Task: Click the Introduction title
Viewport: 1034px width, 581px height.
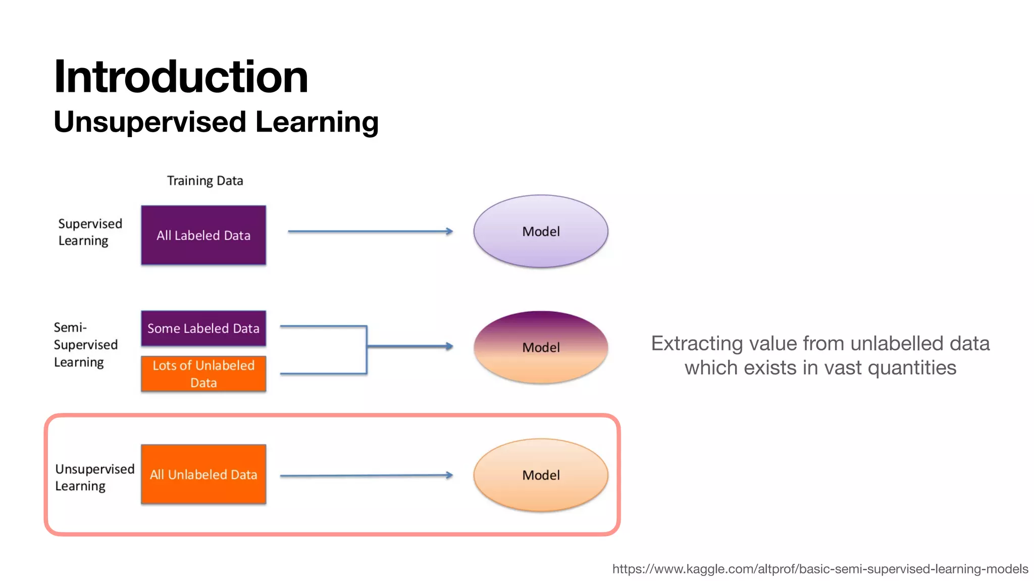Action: point(181,77)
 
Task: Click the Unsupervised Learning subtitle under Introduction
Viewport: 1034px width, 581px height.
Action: point(216,122)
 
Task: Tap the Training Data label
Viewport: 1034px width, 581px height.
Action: point(205,181)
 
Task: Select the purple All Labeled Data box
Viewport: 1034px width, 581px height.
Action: point(203,235)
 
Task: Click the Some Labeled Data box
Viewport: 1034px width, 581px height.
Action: point(203,328)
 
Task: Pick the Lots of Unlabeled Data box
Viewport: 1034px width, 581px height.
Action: point(203,374)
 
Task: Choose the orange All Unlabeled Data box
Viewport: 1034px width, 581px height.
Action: point(203,474)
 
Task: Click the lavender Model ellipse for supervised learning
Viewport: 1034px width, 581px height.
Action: point(541,231)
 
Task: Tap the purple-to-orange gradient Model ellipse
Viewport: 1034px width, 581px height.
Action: point(541,347)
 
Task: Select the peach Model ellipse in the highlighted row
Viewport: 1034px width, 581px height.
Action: point(541,475)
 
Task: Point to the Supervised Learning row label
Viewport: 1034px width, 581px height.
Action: point(90,232)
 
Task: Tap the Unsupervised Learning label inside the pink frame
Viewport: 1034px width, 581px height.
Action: point(94,477)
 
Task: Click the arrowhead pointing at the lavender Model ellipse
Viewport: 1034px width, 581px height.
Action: point(449,231)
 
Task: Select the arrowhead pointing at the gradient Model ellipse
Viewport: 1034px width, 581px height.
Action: point(449,346)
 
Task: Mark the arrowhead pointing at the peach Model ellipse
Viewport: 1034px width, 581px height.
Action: point(449,475)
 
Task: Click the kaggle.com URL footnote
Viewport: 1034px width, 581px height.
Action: point(820,569)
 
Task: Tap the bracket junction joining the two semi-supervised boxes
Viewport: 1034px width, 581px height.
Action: point(367,346)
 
